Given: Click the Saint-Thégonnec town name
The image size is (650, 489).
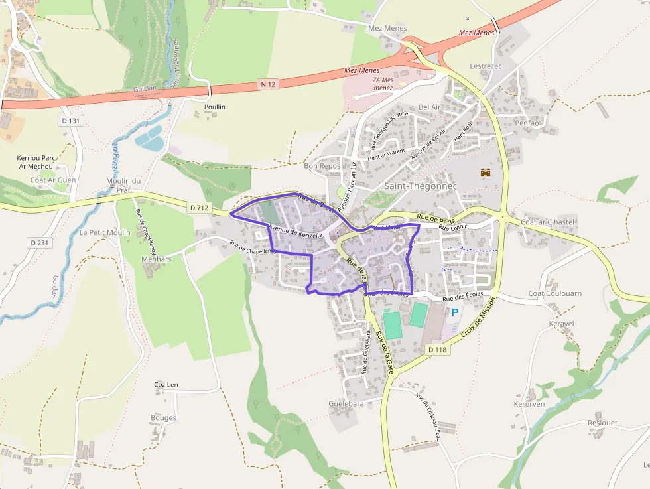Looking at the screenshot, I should click(421, 186).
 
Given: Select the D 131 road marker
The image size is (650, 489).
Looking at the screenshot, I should click(70, 121).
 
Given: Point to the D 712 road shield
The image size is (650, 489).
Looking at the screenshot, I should click(199, 208).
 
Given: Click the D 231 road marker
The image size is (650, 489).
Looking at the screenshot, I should click(39, 243).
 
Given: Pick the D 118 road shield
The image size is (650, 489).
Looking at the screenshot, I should click(438, 349).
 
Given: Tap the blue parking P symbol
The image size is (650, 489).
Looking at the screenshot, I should click(455, 312).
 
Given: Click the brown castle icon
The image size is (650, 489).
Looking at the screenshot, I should click(485, 173).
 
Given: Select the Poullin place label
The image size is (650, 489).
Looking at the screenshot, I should click(215, 107).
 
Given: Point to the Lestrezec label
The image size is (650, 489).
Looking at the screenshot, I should click(484, 66).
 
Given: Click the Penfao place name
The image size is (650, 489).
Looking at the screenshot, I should click(527, 123).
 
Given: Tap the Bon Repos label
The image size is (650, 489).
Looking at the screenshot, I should click(322, 166).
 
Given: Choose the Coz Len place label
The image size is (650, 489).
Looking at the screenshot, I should click(166, 384).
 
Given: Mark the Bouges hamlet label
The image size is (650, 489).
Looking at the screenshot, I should click(163, 418).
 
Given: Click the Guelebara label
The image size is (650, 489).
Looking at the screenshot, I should click(346, 403).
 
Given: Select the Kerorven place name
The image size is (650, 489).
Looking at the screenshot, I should click(529, 404).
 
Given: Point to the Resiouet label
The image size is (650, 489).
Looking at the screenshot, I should click(602, 423).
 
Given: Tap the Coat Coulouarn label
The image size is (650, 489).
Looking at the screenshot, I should click(554, 293).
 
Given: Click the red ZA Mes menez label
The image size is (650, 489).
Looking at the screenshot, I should click(383, 84).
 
